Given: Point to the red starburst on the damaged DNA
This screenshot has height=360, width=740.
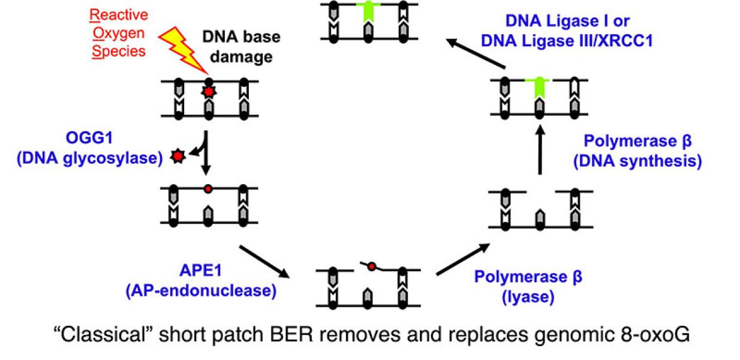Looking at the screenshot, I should [208, 93].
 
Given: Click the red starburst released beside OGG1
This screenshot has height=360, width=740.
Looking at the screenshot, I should [177, 157].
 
